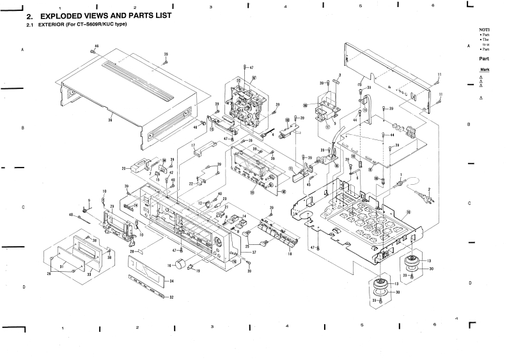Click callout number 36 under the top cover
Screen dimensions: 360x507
pos(110,120)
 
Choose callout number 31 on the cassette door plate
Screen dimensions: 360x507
pos(90,274)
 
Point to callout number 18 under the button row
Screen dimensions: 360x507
pos(290,254)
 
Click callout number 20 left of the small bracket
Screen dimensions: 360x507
pos(123,169)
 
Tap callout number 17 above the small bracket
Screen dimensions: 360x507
pos(192,146)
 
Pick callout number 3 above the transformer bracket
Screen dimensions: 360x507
pos(339,75)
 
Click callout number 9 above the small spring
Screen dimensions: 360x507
pos(89,200)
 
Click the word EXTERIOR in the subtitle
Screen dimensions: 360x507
pos(49,25)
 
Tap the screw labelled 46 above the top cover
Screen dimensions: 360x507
pos(93,52)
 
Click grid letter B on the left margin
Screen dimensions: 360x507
pos(22,128)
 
